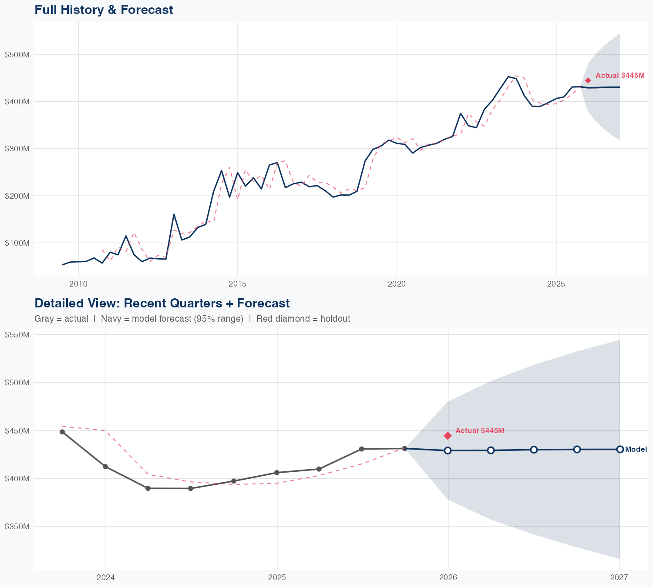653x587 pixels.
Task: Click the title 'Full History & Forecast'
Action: click(104, 10)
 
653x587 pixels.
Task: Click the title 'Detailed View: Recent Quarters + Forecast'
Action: click(162, 303)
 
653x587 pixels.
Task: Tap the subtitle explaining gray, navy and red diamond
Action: click(192, 319)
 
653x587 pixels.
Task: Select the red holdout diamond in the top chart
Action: click(588, 80)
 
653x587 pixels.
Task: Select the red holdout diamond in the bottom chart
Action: click(448, 436)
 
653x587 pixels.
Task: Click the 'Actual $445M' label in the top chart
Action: click(620, 75)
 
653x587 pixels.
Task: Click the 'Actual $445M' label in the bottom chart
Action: click(480, 430)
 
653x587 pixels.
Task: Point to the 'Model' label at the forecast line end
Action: click(636, 449)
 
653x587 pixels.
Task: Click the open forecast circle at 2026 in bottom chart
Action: click(448, 450)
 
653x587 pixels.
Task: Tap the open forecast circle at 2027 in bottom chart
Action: click(620, 449)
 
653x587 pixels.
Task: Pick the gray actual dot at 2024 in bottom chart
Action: click(105, 467)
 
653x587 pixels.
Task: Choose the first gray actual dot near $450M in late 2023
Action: click(62, 432)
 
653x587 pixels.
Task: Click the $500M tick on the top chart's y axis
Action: click(17, 54)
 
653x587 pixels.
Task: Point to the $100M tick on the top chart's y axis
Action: click(17, 243)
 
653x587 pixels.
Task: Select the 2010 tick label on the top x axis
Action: click(78, 284)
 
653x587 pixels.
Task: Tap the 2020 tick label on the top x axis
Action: click(397, 284)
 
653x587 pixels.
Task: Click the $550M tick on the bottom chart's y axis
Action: click(17, 334)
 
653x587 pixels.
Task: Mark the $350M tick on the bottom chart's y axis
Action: click(17, 527)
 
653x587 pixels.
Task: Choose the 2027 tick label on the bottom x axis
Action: click(619, 577)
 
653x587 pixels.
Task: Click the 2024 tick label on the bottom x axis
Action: click(105, 577)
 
